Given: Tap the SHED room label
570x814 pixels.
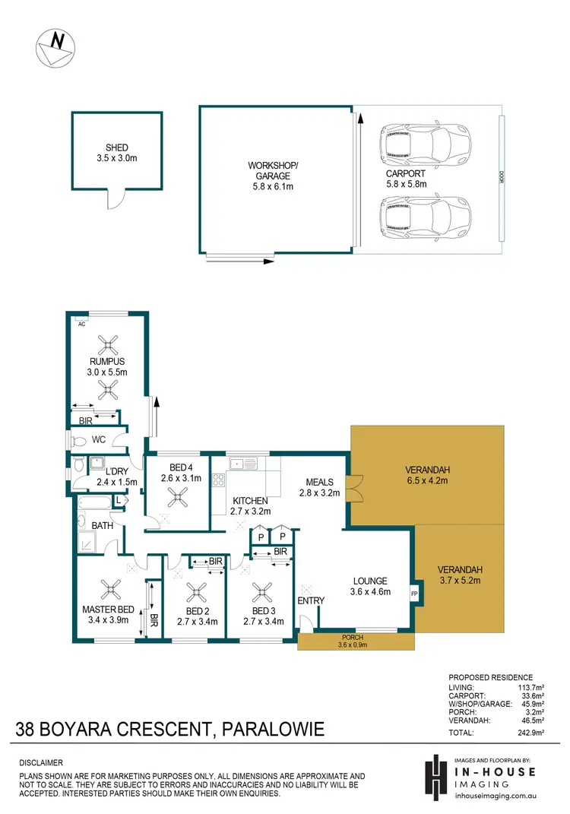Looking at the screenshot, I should tap(116, 153).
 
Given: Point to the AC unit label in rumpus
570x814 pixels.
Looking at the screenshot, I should tap(81, 323).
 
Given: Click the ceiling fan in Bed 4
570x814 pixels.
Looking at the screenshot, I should tap(179, 498).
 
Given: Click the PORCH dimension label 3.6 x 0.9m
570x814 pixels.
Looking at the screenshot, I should tap(356, 646).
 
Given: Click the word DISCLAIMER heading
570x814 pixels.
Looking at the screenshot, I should tap(42, 762).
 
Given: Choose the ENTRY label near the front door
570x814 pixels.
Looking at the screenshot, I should tap(312, 600).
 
